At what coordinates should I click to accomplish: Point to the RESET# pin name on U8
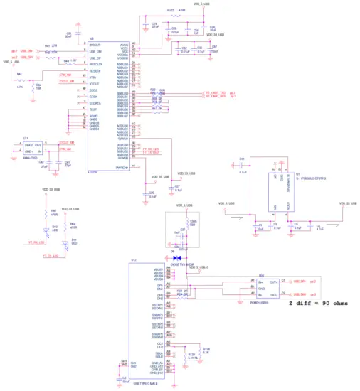95,71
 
